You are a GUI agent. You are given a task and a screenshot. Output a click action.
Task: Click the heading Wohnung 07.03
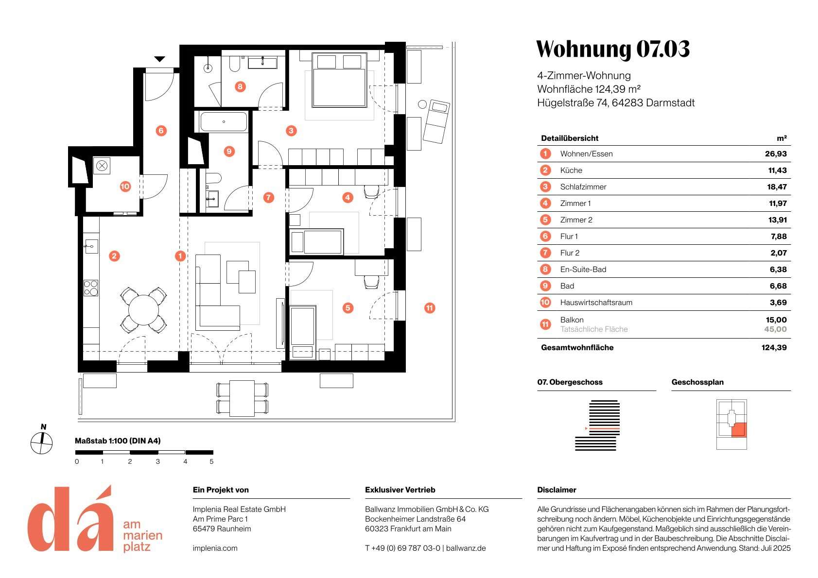612,49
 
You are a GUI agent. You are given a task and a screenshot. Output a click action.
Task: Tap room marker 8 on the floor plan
240,87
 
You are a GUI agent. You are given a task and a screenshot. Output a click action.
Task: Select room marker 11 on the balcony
429,308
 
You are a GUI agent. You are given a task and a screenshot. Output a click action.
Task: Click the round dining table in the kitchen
143,309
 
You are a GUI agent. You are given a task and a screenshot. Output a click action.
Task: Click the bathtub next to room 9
224,121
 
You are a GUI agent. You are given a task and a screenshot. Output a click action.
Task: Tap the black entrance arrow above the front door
159,59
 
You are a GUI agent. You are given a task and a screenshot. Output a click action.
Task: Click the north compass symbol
42,442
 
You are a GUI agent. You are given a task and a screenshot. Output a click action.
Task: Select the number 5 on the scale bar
211,461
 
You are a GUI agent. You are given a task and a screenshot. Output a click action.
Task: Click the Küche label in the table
571,170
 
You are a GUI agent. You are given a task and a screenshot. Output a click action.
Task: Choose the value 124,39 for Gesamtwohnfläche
774,348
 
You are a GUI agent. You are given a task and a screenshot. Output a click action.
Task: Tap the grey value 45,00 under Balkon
775,329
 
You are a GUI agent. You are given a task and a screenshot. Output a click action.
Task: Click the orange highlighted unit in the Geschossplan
738,429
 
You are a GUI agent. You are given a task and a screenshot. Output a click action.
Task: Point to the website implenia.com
215,548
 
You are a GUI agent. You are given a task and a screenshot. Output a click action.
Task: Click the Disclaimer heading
557,490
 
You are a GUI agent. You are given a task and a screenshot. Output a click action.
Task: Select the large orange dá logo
70,519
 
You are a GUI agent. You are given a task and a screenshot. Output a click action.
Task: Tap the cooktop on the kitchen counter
91,288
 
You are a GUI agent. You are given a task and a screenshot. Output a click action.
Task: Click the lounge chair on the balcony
436,121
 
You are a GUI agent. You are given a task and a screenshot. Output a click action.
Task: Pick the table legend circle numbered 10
545,303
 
